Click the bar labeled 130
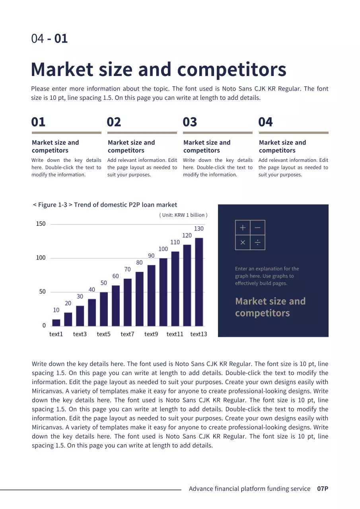[199, 282]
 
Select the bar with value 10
[56, 322]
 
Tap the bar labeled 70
[128, 302]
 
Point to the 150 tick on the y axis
[41, 224]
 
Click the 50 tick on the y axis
[42, 291]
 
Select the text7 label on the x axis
[128, 334]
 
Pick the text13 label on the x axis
[198, 334]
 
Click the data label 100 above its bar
[163, 249]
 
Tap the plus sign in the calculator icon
[243, 228]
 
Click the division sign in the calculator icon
[257, 243]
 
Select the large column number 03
[190, 122]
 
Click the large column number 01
[39, 122]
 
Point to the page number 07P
[323, 489]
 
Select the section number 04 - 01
[49, 39]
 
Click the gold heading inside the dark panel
[270, 307]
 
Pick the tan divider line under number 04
[294, 133]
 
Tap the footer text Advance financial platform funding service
[249, 489]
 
